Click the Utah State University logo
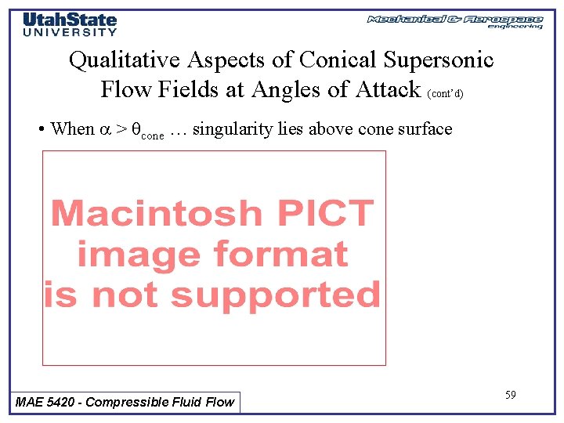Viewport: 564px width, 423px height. [70, 24]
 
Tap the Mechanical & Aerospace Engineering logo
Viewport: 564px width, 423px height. [454, 21]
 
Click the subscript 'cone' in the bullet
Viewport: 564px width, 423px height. [152, 135]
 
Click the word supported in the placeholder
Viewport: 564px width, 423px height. [275, 295]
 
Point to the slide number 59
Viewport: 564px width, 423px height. [510, 395]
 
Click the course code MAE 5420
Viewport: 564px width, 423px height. [48, 402]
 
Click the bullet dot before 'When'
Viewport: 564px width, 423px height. [40, 130]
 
